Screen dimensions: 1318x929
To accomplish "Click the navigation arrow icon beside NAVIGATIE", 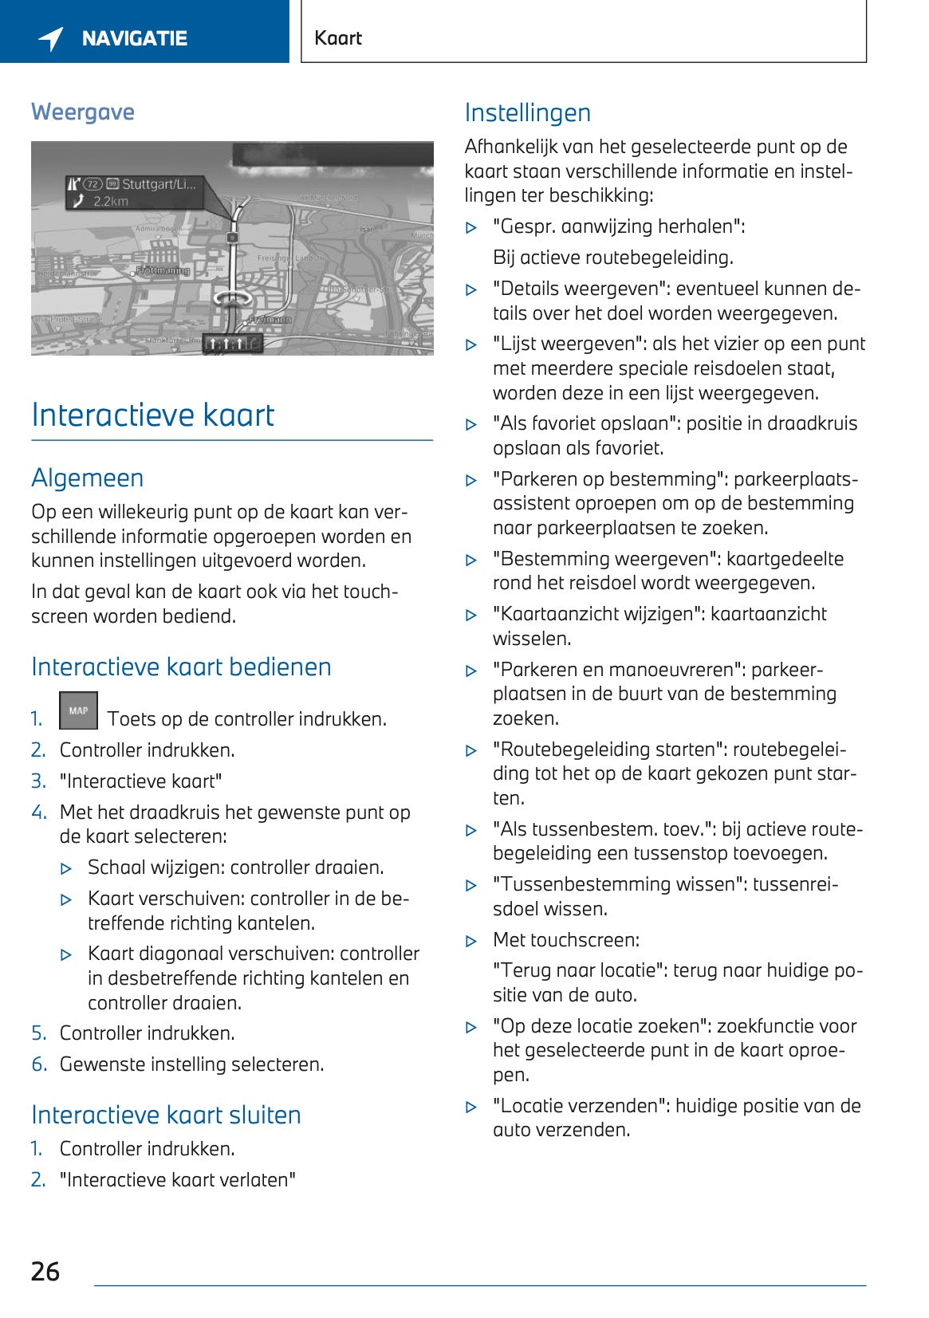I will point(51,38).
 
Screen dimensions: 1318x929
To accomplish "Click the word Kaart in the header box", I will point(338,38).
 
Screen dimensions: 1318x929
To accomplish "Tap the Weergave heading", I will point(83,112).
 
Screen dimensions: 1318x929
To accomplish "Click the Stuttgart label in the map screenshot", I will point(158,184).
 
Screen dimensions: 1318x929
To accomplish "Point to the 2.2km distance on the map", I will point(110,202).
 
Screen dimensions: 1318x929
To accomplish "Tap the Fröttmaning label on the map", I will point(163,271).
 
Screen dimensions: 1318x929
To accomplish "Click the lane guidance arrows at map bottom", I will point(231,344).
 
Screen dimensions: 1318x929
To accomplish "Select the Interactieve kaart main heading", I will point(152,415).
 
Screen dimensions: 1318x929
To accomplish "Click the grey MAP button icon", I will point(78,710).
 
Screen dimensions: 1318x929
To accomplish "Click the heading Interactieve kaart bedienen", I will point(181,667).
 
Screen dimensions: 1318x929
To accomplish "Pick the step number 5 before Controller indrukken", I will point(38,1033).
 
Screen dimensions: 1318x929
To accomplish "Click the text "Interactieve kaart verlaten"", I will point(177,1180).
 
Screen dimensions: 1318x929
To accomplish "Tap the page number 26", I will point(45,1271).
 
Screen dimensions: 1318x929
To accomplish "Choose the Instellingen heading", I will point(527,113).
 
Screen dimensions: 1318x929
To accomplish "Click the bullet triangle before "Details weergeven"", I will point(471,290).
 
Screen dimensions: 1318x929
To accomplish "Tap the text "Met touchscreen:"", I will point(566,940).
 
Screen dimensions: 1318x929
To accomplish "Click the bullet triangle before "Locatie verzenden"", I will point(471,1108).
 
